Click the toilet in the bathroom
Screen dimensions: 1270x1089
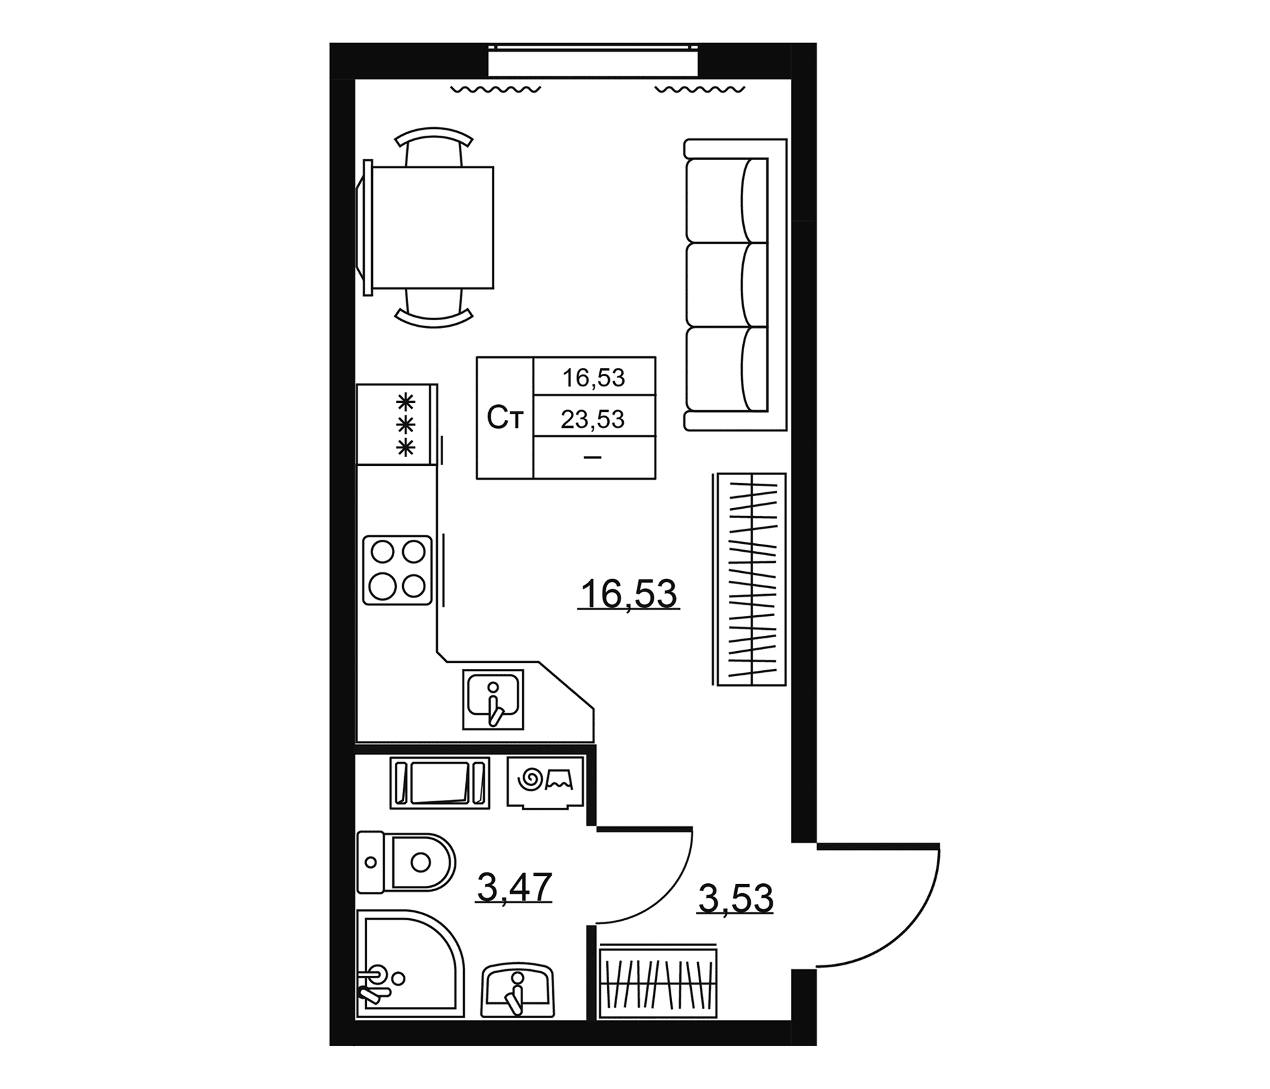pos(405,862)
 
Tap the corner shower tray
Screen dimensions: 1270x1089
pos(410,963)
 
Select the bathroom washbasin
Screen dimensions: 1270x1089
pos(518,990)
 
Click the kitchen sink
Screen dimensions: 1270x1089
pos(493,699)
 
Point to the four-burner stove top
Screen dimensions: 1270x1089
pos(397,570)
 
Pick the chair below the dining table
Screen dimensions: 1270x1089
pos(434,308)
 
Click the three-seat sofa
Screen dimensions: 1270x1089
pos(736,284)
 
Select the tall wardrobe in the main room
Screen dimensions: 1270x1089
pos(750,579)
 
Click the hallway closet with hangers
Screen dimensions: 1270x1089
pos(657,981)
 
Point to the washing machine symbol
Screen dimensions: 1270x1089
pos(545,782)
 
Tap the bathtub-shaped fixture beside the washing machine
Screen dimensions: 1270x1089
pos(440,783)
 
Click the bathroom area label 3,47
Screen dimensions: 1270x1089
pos(514,887)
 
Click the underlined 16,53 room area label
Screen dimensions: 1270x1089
pos(628,593)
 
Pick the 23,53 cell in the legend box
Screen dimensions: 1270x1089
pos(593,419)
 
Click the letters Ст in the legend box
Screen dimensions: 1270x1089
pos(505,418)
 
